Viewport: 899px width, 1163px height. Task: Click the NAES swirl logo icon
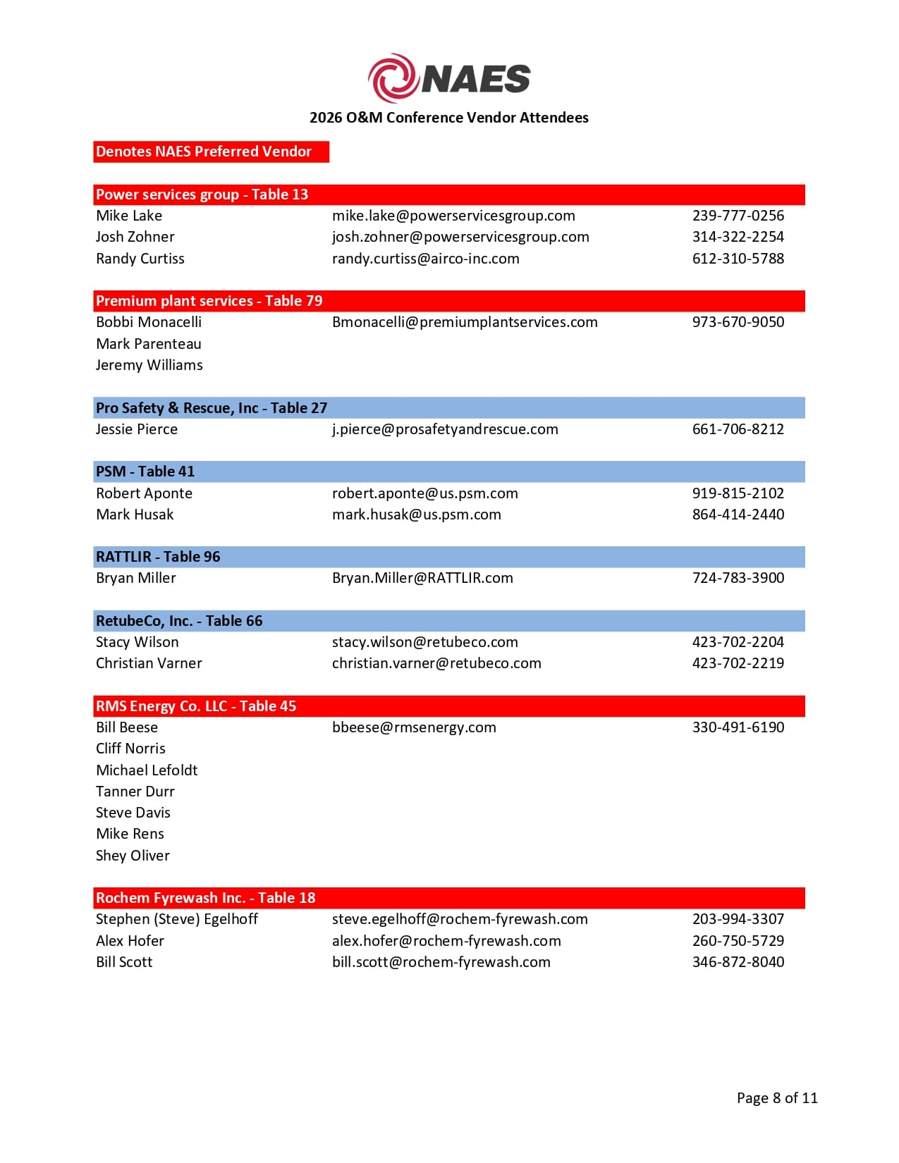click(393, 78)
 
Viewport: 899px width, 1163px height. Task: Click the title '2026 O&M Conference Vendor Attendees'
click(448, 118)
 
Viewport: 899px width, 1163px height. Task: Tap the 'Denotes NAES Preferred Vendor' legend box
click(211, 152)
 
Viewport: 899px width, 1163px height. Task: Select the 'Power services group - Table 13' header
click(202, 195)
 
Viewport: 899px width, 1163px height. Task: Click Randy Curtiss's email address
click(425, 259)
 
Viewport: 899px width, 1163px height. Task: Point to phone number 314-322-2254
click(738, 237)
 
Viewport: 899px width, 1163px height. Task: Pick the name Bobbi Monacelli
click(149, 322)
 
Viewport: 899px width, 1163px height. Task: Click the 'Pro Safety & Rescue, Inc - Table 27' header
click(212, 408)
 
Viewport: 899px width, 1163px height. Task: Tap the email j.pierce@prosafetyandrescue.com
click(445, 429)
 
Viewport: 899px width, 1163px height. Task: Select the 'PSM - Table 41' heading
click(145, 472)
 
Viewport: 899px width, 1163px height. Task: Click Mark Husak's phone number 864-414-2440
click(738, 515)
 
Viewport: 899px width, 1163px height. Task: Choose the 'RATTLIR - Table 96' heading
click(158, 557)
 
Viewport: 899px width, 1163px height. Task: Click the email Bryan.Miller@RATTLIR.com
click(422, 578)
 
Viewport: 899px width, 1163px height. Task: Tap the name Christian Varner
click(149, 663)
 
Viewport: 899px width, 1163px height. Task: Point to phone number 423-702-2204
click(738, 642)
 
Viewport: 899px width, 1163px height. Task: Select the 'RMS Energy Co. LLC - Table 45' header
click(196, 706)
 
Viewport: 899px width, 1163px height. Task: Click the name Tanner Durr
click(135, 792)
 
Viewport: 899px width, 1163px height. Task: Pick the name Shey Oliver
click(133, 856)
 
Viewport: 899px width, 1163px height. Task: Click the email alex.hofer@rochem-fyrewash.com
click(446, 941)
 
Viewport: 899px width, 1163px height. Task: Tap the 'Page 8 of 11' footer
click(777, 1098)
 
